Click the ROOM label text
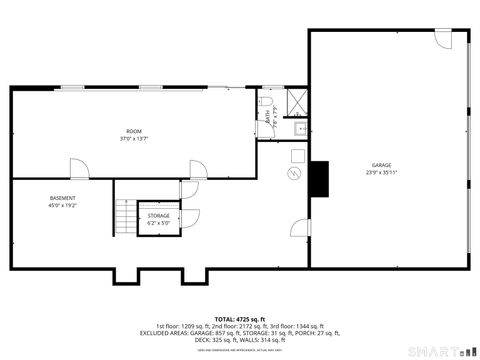(133, 131)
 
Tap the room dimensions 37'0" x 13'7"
(133, 139)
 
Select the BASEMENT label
(62, 198)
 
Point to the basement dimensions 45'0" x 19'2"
(62, 206)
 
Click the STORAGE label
(158, 215)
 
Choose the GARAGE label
(381, 164)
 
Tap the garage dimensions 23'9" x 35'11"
(381, 172)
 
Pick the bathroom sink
(299, 129)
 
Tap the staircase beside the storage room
(124, 216)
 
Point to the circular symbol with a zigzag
(293, 174)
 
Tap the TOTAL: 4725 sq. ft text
(239, 319)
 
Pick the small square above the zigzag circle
(297, 155)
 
